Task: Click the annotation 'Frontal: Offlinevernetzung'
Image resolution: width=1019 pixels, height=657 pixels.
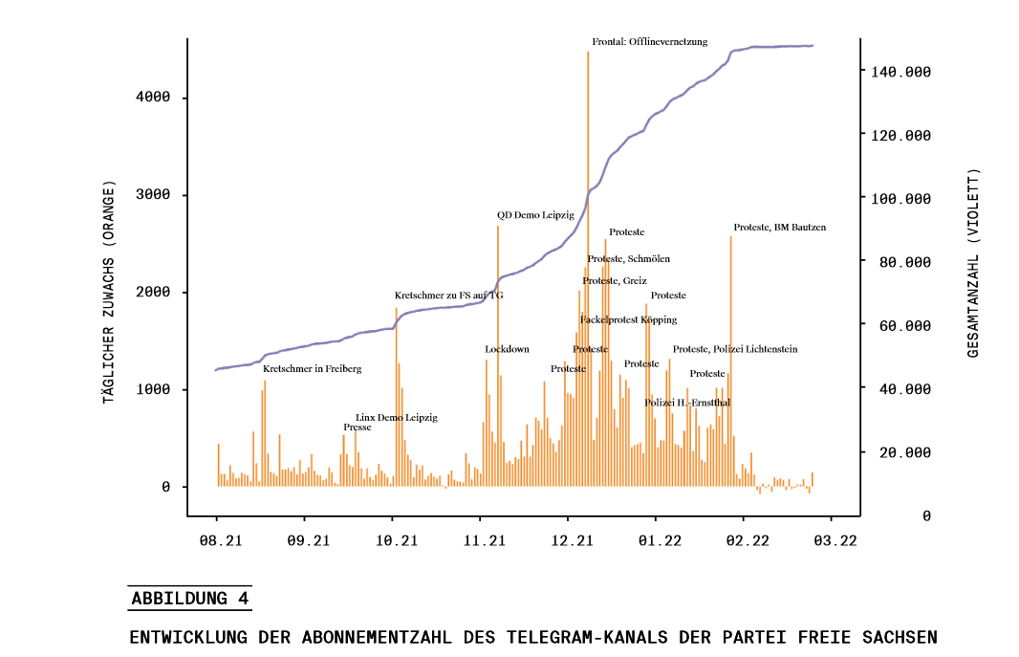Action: click(649, 42)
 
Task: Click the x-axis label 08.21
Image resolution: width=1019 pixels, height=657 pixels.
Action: click(221, 541)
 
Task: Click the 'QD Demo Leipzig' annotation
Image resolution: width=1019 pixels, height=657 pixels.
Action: click(535, 215)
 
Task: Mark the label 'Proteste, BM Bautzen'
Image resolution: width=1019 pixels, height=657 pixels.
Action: click(779, 228)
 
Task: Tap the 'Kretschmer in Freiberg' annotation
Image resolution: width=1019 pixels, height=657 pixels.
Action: click(312, 368)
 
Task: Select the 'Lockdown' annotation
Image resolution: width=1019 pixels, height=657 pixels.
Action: click(507, 349)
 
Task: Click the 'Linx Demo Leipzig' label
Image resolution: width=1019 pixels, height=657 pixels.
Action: click(396, 418)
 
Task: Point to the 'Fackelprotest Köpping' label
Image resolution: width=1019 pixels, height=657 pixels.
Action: click(628, 319)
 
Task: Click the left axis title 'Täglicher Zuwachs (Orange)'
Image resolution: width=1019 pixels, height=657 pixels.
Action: click(109, 291)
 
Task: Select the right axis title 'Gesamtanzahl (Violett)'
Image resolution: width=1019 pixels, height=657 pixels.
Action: click(973, 264)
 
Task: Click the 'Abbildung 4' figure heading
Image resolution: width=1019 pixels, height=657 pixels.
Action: click(190, 600)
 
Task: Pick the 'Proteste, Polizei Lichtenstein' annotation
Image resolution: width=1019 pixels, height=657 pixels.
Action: click(734, 349)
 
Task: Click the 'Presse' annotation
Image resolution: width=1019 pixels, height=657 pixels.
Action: click(358, 427)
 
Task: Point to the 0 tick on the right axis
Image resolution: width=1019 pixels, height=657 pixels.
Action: click(926, 516)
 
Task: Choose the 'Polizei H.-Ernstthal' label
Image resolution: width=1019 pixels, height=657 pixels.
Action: click(687, 403)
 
